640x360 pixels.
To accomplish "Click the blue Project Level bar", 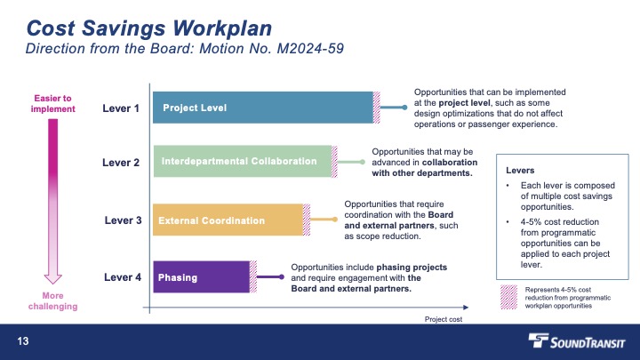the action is coord(263,108).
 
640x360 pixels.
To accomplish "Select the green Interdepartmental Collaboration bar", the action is coord(243,161).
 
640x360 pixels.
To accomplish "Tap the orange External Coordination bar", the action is coord(228,220).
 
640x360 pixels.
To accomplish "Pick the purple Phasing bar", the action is coord(201,276).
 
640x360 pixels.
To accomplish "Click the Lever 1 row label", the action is coord(121,108).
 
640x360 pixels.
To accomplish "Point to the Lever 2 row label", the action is coord(121,163).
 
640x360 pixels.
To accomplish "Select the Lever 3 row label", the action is coord(123,220).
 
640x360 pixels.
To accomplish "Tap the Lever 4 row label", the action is coord(123,277).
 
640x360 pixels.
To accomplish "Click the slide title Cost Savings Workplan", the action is coord(149,28).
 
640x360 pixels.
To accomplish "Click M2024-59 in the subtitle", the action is coord(310,49).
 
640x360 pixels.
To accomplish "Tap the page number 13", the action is coord(23,341).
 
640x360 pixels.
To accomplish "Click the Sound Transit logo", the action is coord(576,341).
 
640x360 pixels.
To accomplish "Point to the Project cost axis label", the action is coord(444,319).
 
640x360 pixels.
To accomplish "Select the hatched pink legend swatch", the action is coord(508,297).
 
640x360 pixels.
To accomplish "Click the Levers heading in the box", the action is coord(520,170).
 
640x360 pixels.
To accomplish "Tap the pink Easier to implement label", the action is coord(53,104).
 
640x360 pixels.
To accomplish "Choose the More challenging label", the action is coord(53,300).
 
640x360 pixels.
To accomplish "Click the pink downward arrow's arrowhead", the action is coord(53,279).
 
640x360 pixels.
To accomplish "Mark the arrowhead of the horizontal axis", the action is coord(466,308).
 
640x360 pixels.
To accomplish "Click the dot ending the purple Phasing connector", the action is coord(282,277).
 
